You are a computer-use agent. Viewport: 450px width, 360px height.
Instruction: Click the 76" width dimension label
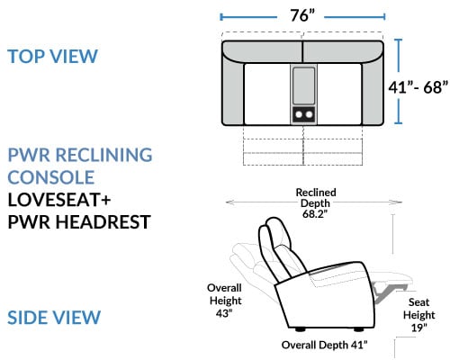tap(302, 15)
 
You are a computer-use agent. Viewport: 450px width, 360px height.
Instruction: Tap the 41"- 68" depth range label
tap(418, 87)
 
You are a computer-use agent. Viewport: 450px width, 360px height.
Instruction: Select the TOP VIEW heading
tap(53, 56)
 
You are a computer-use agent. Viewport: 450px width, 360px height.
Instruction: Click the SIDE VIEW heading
tap(54, 318)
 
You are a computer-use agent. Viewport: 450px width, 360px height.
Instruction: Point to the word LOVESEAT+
tap(59, 200)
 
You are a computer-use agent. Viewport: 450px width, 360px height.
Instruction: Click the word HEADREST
tap(103, 222)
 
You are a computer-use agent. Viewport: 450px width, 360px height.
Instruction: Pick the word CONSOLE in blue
tap(51, 177)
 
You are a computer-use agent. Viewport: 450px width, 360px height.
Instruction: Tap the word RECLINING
tap(103, 155)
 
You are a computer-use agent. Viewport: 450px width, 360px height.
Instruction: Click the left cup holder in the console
tap(299, 114)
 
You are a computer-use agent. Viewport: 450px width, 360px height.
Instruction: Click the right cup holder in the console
tap(309, 114)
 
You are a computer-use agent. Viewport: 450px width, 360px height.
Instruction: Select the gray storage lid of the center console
tap(303, 85)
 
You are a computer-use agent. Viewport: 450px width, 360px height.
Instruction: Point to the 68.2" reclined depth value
tap(315, 214)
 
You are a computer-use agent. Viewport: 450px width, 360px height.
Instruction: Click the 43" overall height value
tap(224, 313)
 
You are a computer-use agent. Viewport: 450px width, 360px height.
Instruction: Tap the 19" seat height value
tap(418, 328)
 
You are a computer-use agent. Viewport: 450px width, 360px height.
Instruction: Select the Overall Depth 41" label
tap(324, 345)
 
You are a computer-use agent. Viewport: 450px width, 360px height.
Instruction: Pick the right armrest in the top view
tap(373, 93)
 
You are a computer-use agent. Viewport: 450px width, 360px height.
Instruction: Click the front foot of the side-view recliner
tap(358, 329)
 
